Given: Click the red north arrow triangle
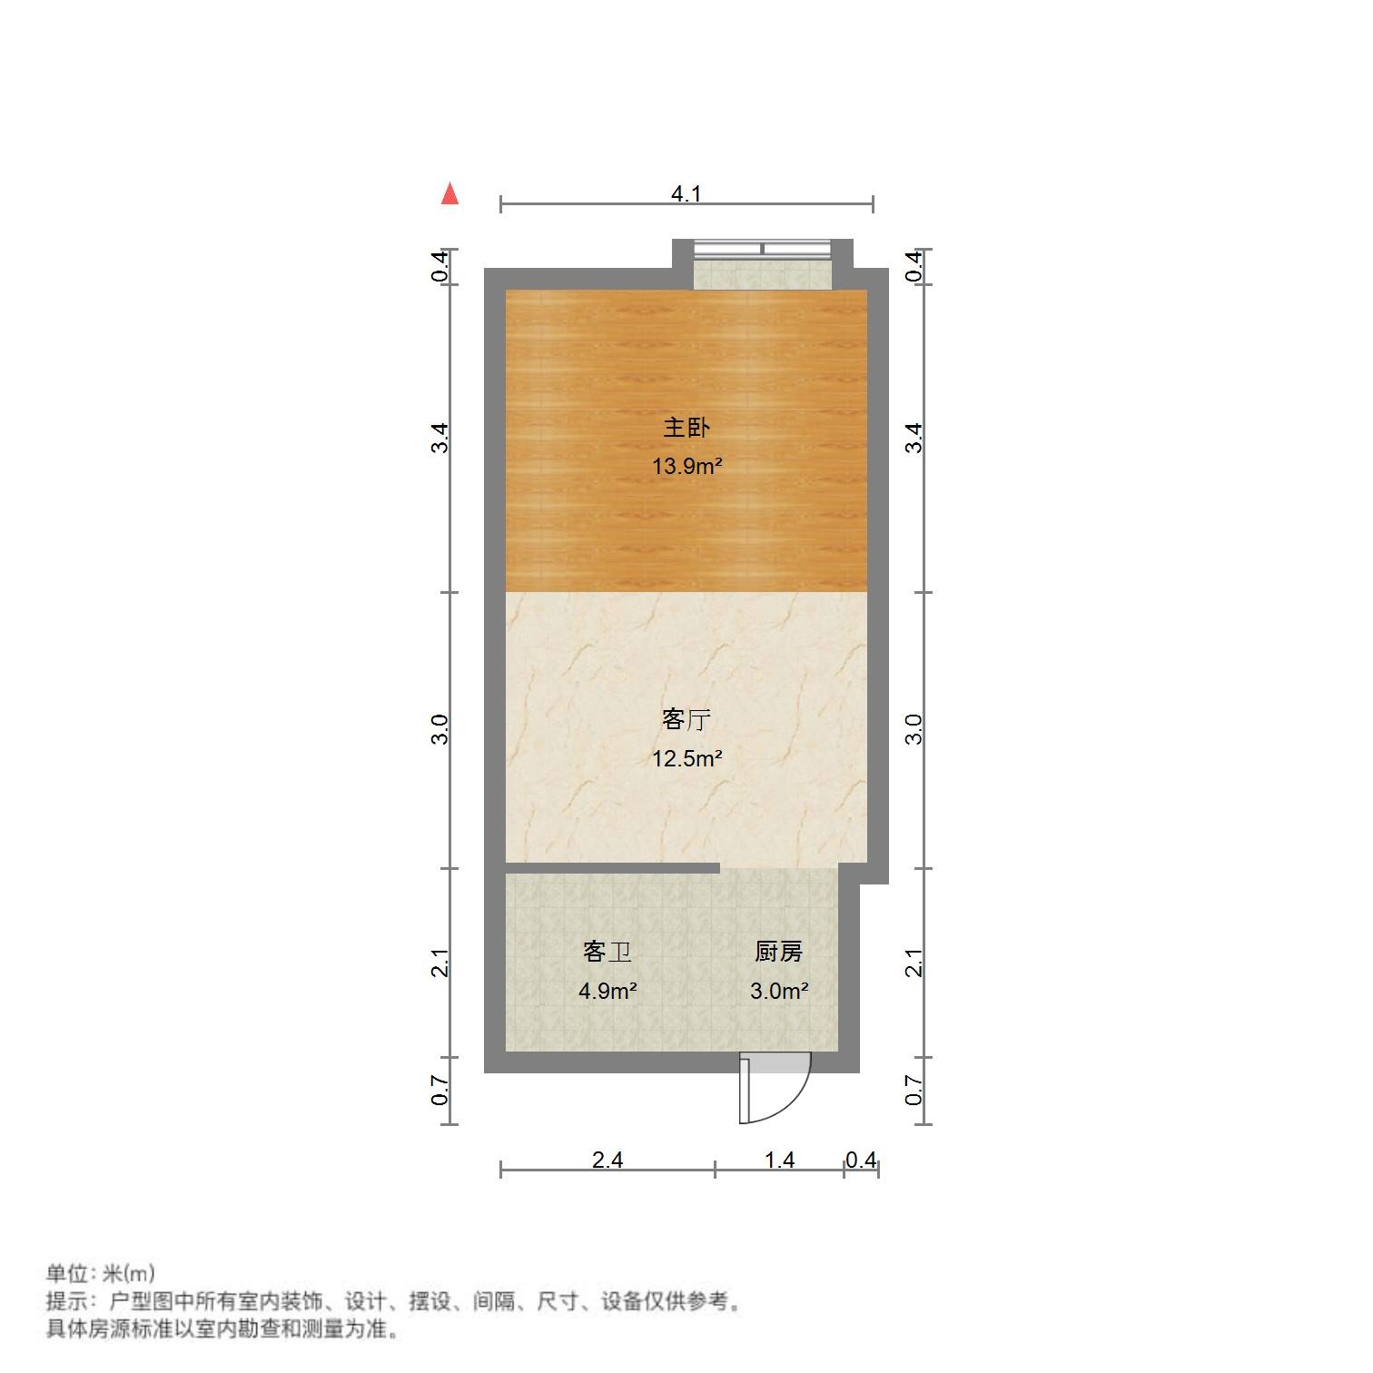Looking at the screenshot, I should [449, 193].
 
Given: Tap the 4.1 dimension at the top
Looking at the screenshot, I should [686, 193].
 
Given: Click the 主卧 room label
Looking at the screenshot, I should [686, 427].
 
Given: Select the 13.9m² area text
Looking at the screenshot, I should [686, 467].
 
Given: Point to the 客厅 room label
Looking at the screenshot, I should [686, 720].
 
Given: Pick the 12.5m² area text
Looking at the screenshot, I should [686, 758].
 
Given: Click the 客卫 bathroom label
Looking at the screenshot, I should [607, 952].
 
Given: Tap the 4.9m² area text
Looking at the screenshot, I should [607, 991].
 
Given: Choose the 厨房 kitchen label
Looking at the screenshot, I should [778, 952].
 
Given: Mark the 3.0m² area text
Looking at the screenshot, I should [778, 991].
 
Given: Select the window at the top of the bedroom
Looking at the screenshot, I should [762, 249].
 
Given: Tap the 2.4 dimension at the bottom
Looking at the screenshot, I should [607, 1160].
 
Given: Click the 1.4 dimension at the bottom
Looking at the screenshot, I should [779, 1160].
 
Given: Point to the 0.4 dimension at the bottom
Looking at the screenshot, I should [861, 1160].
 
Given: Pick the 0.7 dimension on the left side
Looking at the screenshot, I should [440, 1091].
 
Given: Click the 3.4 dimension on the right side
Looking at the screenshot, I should [914, 439].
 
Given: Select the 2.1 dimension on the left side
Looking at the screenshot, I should [440, 963].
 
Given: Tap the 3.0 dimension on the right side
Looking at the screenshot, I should [914, 729].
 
